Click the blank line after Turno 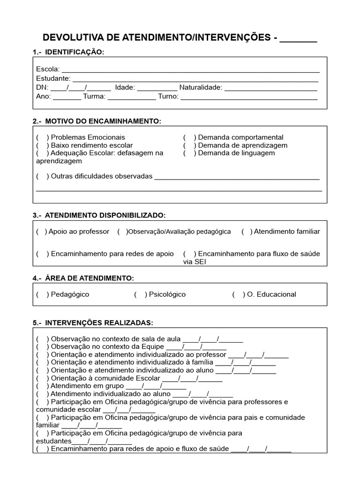pos(249,97)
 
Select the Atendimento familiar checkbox pos(247,232)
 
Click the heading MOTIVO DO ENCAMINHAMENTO pos(103,121)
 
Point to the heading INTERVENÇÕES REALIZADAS pos(98,323)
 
